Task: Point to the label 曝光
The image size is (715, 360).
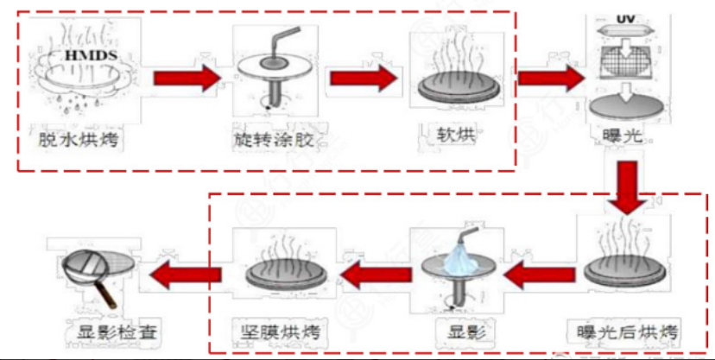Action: (x=623, y=136)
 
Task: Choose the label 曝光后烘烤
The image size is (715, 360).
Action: (x=626, y=332)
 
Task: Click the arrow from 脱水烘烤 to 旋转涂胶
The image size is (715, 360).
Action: (x=187, y=78)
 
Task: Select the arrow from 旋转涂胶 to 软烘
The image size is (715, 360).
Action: (x=364, y=78)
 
